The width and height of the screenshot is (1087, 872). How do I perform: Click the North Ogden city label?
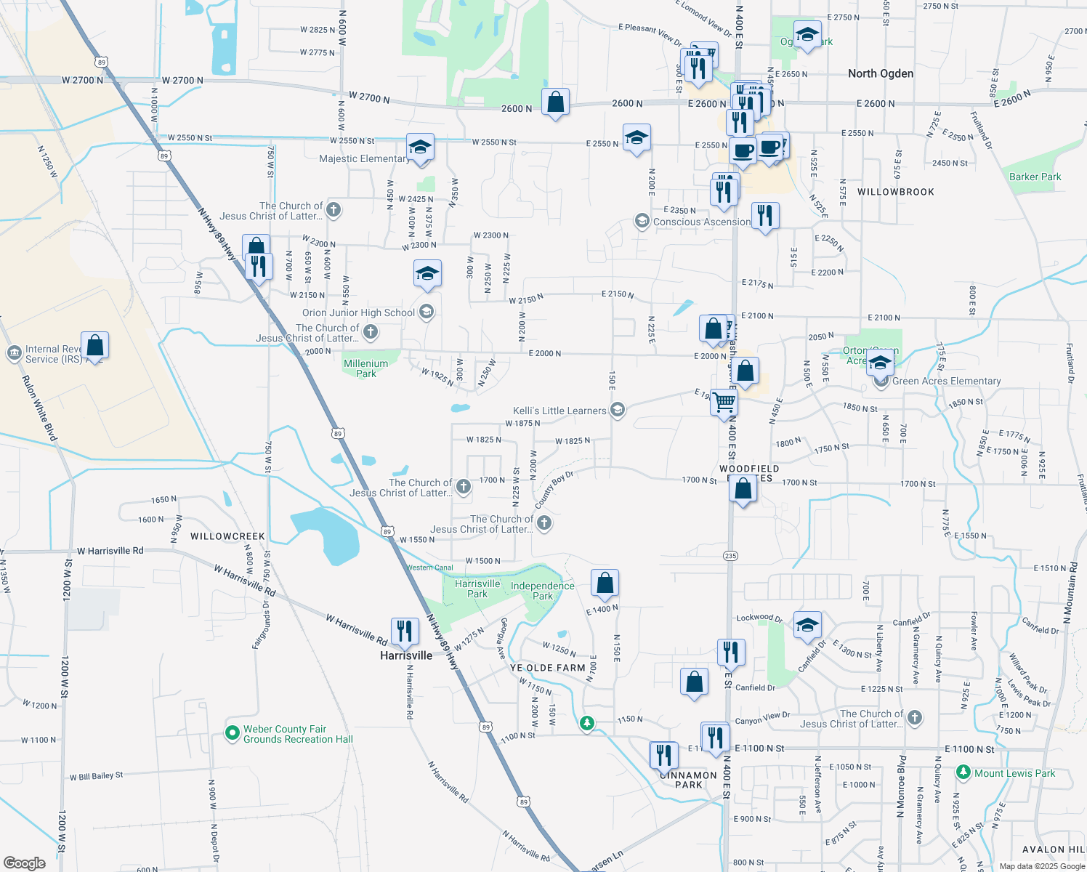[881, 73]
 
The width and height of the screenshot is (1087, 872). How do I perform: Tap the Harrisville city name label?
[406, 655]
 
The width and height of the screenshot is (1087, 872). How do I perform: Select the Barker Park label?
[1035, 177]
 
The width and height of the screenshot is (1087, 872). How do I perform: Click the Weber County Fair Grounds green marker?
[233, 733]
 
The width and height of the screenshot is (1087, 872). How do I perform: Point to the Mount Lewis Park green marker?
[963, 772]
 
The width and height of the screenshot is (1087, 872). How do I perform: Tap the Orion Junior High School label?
[358, 312]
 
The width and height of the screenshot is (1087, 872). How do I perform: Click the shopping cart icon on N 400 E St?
[724, 401]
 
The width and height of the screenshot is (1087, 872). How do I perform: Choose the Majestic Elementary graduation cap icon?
[420, 148]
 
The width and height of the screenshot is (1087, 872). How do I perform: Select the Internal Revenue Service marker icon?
[14, 353]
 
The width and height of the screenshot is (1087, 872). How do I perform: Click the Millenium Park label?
[366, 368]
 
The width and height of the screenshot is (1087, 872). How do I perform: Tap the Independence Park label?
[543, 591]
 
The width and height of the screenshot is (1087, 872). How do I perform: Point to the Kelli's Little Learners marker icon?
[617, 411]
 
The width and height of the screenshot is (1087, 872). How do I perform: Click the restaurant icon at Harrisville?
[405, 631]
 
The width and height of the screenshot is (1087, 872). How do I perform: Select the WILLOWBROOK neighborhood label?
[895, 192]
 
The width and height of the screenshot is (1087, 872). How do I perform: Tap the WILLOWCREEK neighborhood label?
[227, 536]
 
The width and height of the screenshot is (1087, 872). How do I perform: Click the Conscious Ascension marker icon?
[642, 221]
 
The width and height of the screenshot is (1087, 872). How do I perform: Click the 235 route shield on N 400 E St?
[730, 556]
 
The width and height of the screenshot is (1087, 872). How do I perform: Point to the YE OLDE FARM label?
[547, 668]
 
